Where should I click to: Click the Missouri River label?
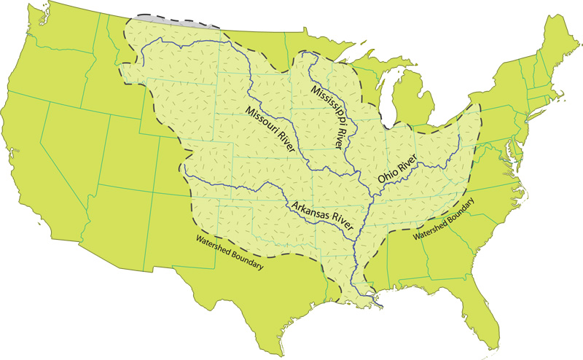[x=270, y=130]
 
